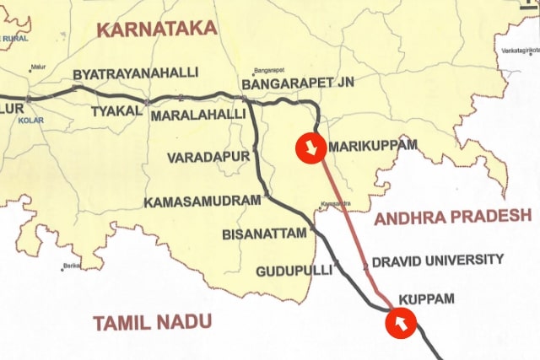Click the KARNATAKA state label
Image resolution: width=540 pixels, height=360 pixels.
156,29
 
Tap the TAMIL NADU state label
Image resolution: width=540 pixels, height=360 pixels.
153,322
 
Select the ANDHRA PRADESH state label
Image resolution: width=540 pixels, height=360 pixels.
453,218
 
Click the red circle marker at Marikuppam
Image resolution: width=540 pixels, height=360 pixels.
310,149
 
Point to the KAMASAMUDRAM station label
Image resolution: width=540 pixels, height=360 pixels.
202,202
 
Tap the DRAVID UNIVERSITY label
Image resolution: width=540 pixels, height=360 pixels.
437,260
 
